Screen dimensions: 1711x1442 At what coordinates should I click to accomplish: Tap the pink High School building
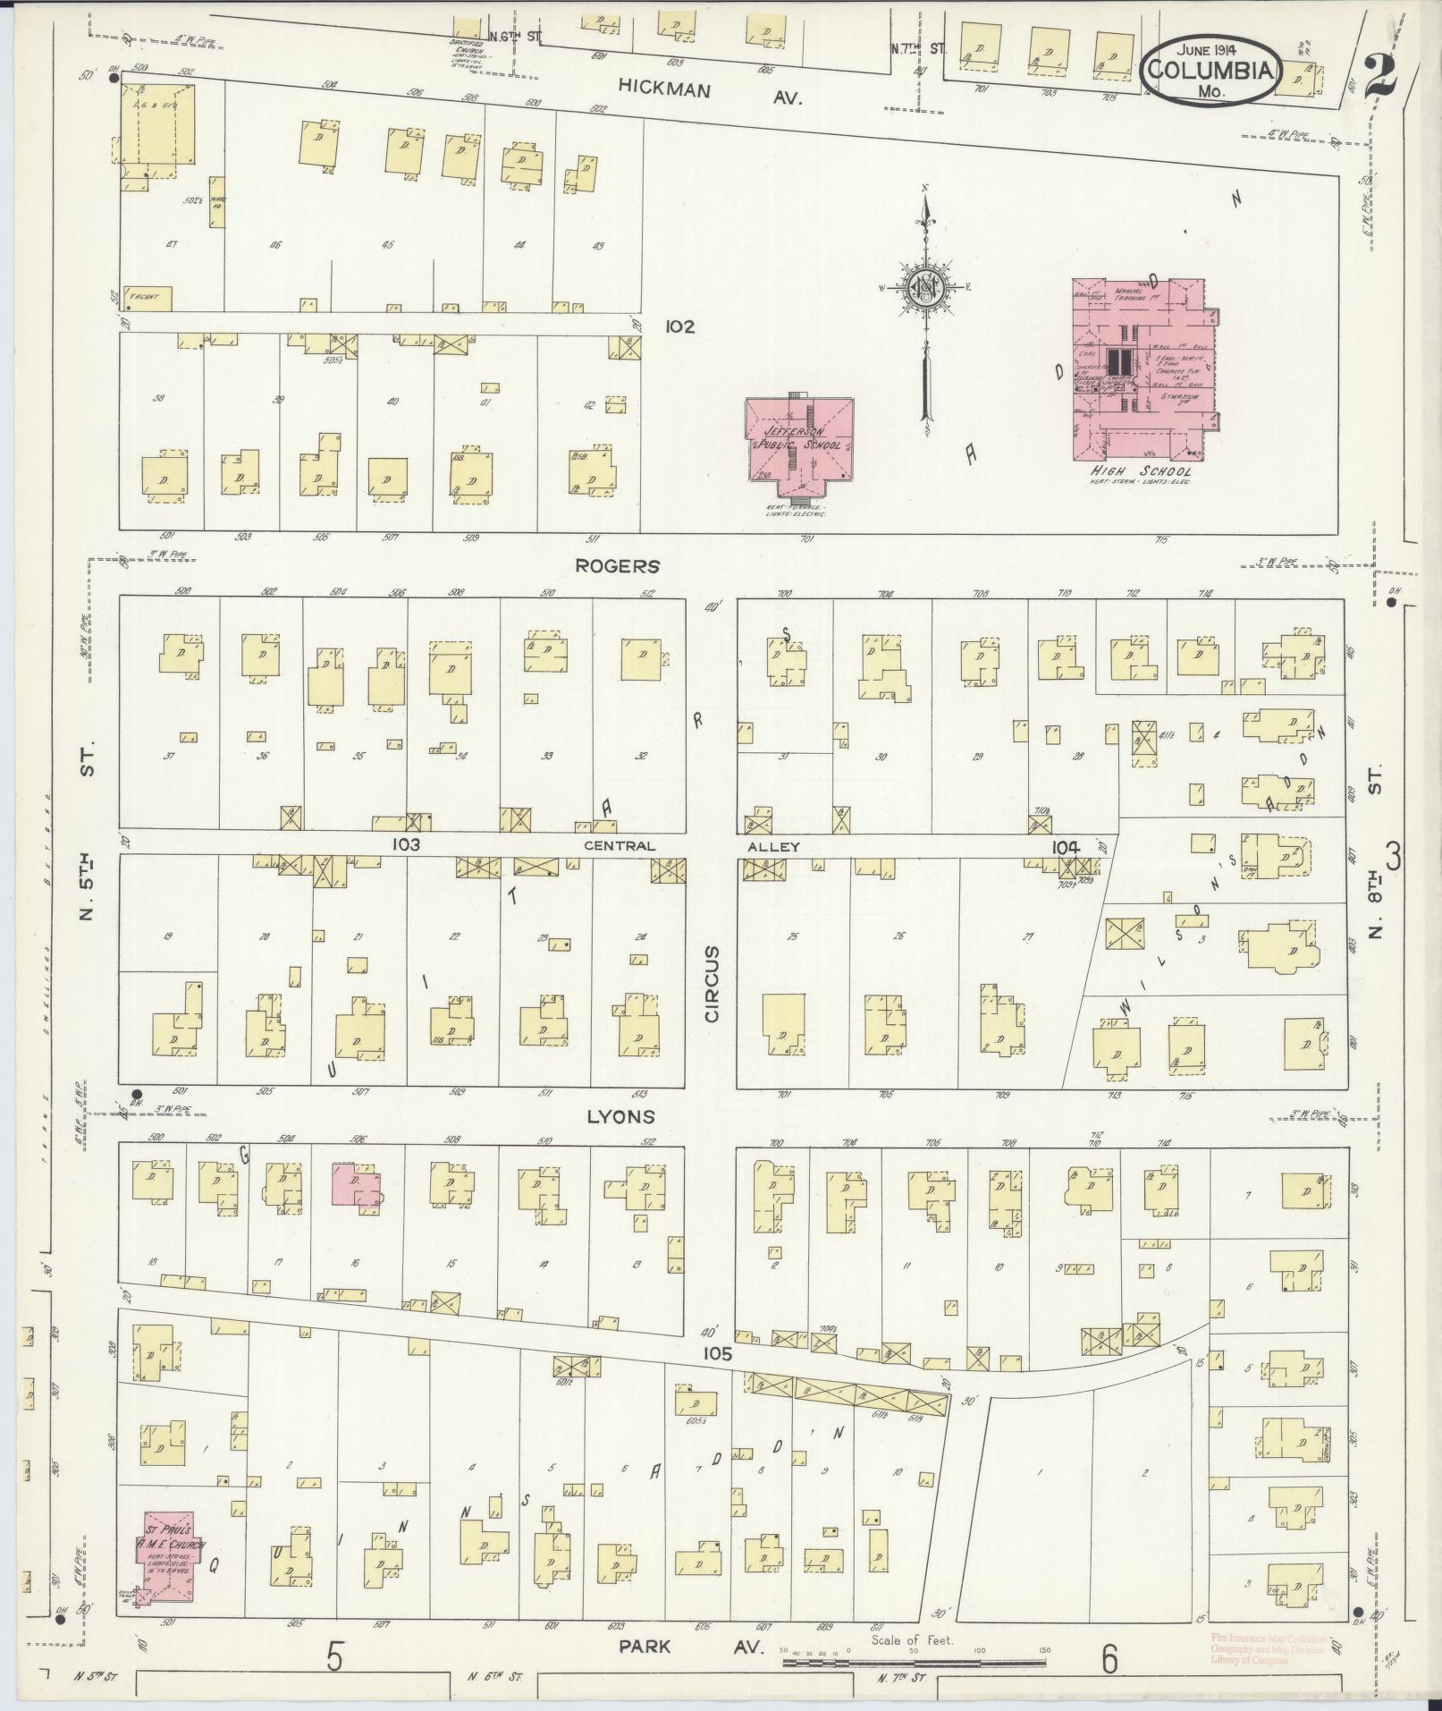click(1140, 367)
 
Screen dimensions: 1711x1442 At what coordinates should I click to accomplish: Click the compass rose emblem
click(925, 288)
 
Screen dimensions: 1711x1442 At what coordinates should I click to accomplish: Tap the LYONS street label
click(620, 1116)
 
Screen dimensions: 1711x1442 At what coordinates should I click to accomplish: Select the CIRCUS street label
click(713, 983)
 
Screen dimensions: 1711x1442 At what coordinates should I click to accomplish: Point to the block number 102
click(679, 327)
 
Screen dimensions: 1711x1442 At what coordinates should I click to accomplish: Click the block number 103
click(405, 843)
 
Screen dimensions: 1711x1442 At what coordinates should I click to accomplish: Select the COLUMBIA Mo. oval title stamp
click(1210, 69)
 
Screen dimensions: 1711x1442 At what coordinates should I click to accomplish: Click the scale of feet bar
click(914, 1662)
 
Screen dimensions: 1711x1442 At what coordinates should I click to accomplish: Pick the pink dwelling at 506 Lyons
click(356, 1185)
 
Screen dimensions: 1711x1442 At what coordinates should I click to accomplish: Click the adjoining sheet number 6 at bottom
click(1109, 1660)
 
